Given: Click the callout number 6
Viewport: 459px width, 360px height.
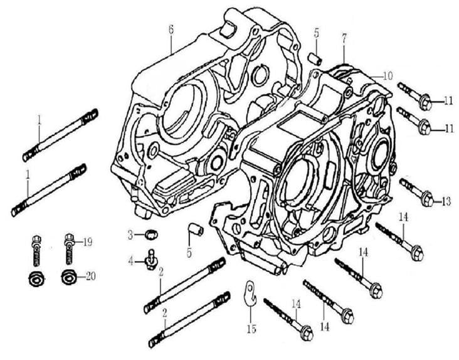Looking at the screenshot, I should click(x=171, y=28).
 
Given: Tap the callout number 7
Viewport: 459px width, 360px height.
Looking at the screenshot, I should click(x=344, y=38).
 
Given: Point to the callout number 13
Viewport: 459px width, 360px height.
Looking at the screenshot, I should click(x=446, y=201).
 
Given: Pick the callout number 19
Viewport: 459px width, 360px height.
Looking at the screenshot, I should click(x=88, y=240).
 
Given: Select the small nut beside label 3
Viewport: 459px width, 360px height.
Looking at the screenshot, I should click(x=150, y=235).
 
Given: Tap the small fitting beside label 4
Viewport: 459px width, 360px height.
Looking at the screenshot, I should click(x=150, y=258).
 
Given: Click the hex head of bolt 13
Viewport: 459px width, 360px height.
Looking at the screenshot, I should click(x=427, y=199).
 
